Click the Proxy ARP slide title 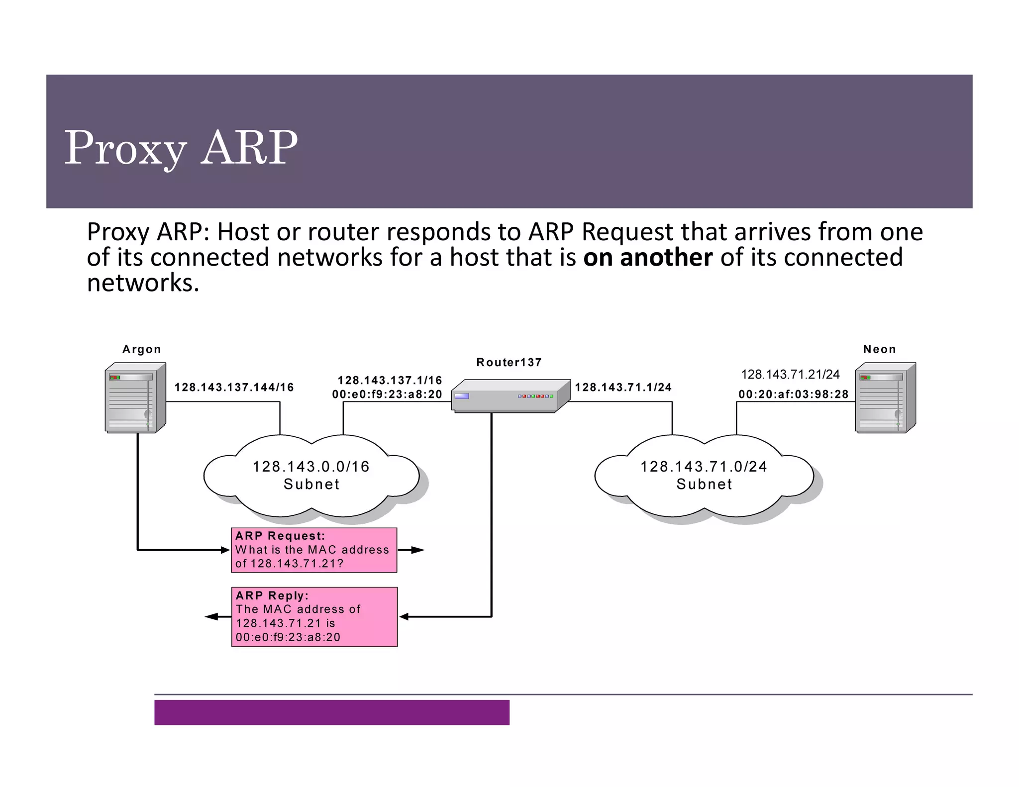pyautogui.click(x=181, y=148)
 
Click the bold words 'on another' pyautogui.click(x=647, y=258)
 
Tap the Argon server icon pyautogui.click(x=135, y=398)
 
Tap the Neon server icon pyautogui.click(x=885, y=398)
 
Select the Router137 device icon pyautogui.click(x=510, y=396)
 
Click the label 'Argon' pyautogui.click(x=142, y=349)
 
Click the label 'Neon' pyautogui.click(x=879, y=349)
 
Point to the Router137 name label pyautogui.click(x=509, y=362)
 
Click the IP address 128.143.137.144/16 pyautogui.click(x=234, y=387)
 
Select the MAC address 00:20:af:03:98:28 pyautogui.click(x=793, y=394)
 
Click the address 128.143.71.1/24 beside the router pyautogui.click(x=623, y=387)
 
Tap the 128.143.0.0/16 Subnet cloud pyautogui.click(x=311, y=476)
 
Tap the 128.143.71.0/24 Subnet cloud pyautogui.click(x=704, y=476)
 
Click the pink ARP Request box pyautogui.click(x=314, y=550)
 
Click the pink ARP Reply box pyautogui.click(x=314, y=616)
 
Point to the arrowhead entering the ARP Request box pyautogui.click(x=225, y=550)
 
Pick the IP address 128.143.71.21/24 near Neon pyautogui.click(x=790, y=374)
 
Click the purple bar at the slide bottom pyautogui.click(x=331, y=712)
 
